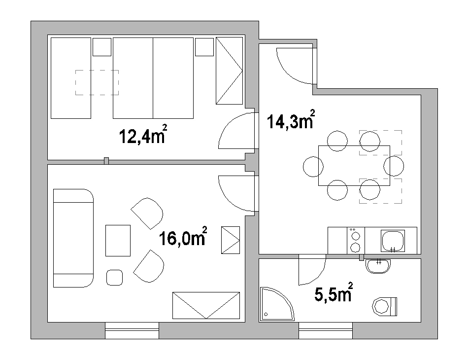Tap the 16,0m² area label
pyautogui.click(x=183, y=236)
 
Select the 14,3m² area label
pyautogui.click(x=291, y=119)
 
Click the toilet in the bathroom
pyautogui.click(x=385, y=306)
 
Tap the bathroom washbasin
pyautogui.click(x=378, y=266)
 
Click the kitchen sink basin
pyautogui.click(x=393, y=241)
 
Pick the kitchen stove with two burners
pyautogui.click(x=356, y=241)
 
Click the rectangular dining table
pyautogui.click(x=354, y=166)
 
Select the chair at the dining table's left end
pyautogui.click(x=313, y=167)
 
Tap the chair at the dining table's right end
pyautogui.click(x=394, y=166)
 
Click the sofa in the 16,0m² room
pyautogui.click(x=73, y=238)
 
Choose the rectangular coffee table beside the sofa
pyautogui.click(x=118, y=241)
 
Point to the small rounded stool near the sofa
pyautogui.click(x=115, y=278)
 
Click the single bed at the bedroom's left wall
pyautogui.click(x=71, y=78)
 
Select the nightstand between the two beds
pyautogui.click(x=102, y=47)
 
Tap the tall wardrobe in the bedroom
pyautogui.click(x=229, y=71)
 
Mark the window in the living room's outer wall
pyautogui.click(x=132, y=330)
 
